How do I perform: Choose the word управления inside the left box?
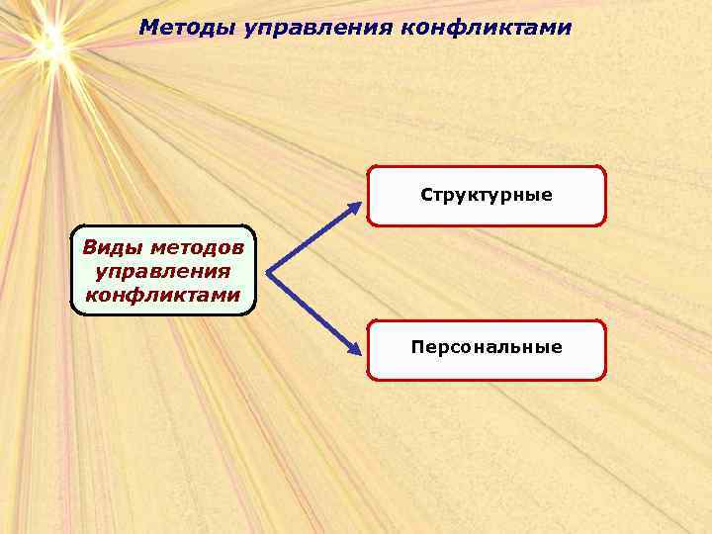coord(162,271)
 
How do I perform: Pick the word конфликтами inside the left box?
coord(162,295)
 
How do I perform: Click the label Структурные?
coord(487,195)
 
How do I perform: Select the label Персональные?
coord(487,347)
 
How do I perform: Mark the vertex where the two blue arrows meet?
coord(268,271)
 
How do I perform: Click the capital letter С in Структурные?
coord(426,195)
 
